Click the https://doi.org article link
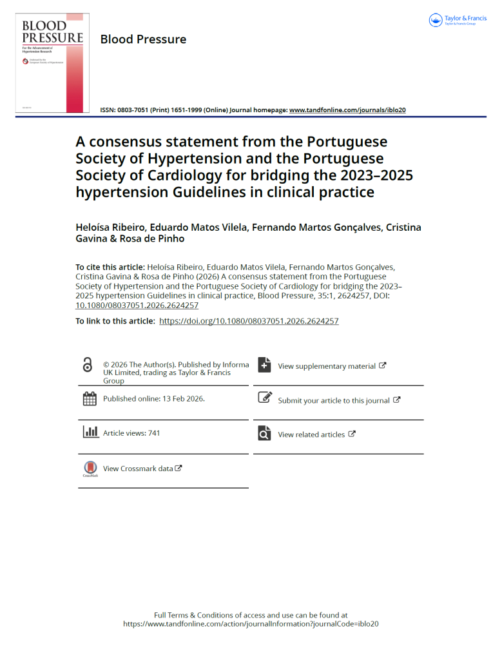point(249,321)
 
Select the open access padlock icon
point(88,365)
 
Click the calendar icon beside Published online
point(90,399)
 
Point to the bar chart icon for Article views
point(90,432)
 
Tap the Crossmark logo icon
point(90,469)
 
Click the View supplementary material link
point(326,366)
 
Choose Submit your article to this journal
point(334,400)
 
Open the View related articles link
point(311,434)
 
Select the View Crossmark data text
point(138,469)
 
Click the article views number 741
point(154,433)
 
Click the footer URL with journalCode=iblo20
point(251,624)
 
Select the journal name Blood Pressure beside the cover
point(143,39)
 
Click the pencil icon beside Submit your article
point(264,398)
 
